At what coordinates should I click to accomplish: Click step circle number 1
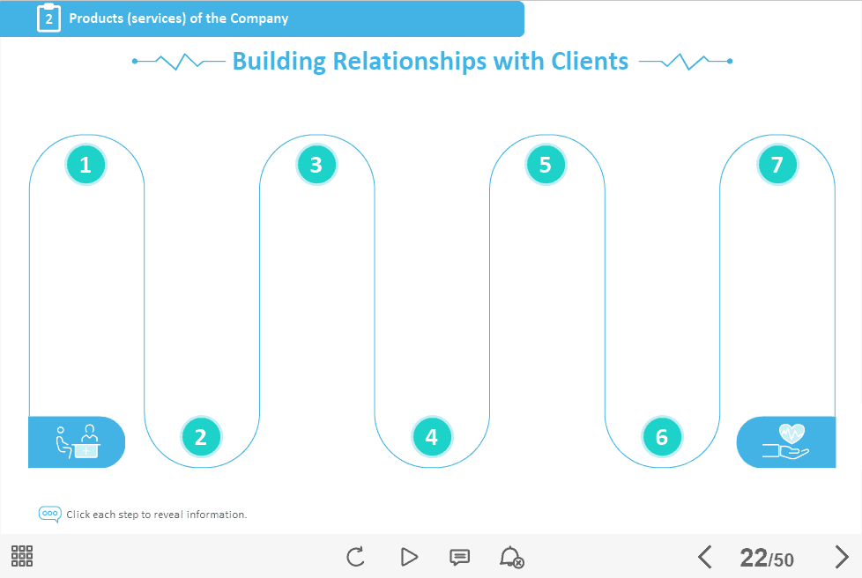pos(85,164)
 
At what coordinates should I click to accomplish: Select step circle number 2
pos(201,436)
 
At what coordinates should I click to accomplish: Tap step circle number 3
pos(316,164)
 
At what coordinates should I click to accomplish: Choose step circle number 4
pos(431,436)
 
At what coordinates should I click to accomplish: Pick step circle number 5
pos(546,164)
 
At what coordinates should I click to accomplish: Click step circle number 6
pos(662,436)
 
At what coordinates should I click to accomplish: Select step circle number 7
pos(777,164)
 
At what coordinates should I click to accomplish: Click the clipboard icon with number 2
pos(48,18)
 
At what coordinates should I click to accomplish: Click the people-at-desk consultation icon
pos(77,441)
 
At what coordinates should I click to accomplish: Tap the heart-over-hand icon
pos(786,441)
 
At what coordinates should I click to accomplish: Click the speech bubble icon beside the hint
pos(50,514)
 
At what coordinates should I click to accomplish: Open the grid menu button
pos(22,556)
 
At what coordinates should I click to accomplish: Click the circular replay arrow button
pos(355,557)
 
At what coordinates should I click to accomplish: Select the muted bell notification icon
pos(511,557)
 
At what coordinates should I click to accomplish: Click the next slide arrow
pos(842,557)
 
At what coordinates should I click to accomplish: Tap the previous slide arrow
pos(704,557)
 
